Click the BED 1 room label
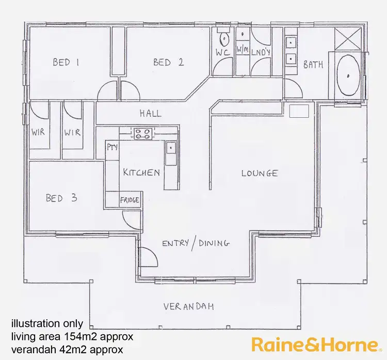click(66, 62)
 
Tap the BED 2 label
click(168, 62)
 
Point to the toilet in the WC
click(223, 39)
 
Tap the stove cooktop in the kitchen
click(142, 134)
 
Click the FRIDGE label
click(130, 200)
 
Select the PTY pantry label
click(112, 147)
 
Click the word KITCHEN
click(141, 173)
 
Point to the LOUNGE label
click(260, 173)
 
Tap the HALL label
click(150, 114)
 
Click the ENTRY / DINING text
click(196, 243)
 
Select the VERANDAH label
click(189, 307)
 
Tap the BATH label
click(313, 65)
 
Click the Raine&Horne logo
click(314, 345)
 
